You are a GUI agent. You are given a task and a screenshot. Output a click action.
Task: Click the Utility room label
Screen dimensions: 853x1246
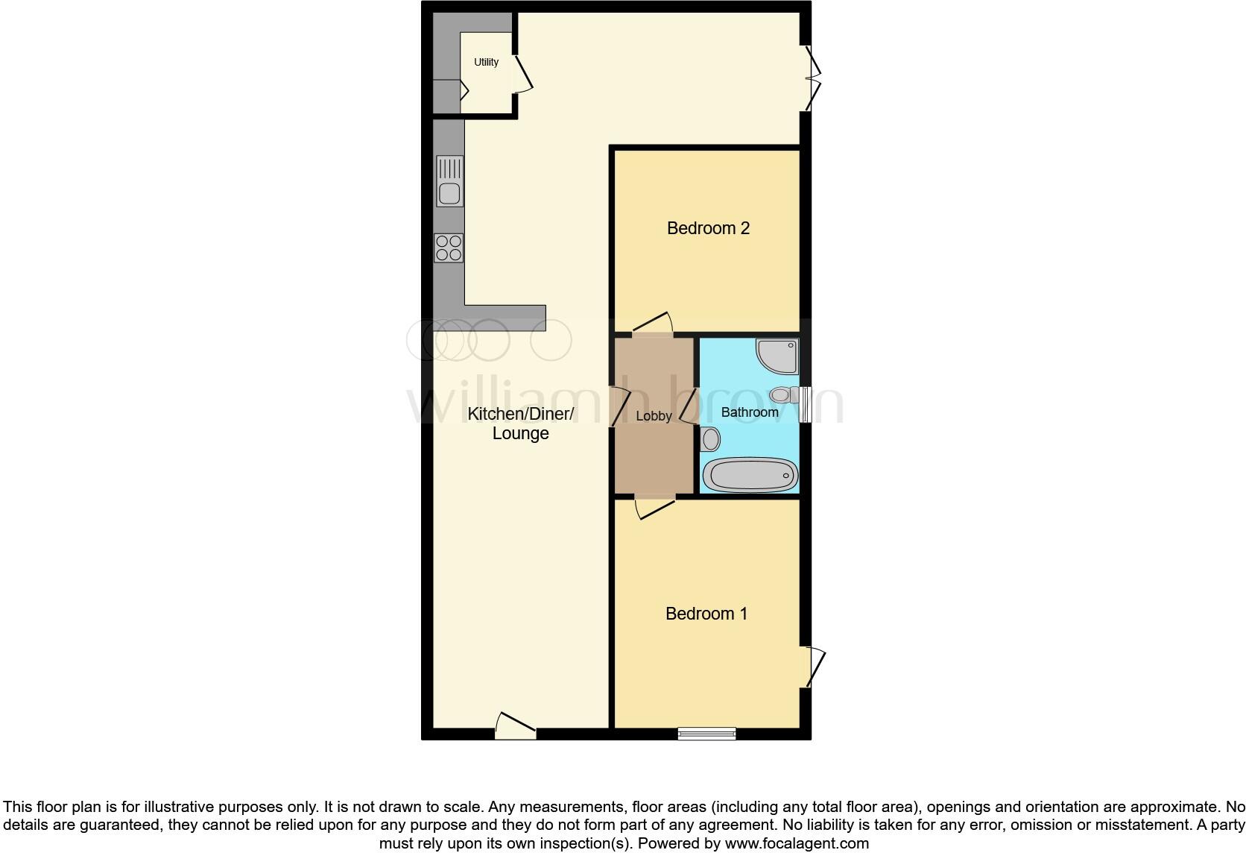[486, 62]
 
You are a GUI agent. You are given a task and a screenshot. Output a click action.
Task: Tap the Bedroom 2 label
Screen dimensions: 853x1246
[708, 228]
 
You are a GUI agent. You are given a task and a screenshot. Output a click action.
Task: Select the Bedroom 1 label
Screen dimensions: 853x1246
[706, 614]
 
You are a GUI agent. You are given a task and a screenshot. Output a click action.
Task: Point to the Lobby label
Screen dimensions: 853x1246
[654, 416]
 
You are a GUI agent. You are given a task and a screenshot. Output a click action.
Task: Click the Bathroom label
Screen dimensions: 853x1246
[750, 412]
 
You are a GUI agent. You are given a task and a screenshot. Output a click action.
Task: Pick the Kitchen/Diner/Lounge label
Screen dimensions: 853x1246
[520, 424]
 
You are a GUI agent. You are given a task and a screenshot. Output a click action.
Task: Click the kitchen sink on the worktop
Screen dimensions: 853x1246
[449, 181]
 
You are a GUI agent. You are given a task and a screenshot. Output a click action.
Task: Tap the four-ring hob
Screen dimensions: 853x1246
[449, 248]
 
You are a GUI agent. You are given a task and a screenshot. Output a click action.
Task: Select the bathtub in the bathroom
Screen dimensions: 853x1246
[750, 475]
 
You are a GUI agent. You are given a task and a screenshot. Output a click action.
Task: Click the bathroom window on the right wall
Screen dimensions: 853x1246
[805, 404]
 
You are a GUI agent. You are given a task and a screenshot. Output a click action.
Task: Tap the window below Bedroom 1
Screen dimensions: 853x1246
[706, 734]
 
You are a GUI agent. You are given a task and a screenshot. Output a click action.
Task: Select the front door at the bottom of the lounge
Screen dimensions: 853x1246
[516, 727]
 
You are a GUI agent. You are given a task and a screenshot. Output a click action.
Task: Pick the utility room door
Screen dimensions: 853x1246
[522, 75]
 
